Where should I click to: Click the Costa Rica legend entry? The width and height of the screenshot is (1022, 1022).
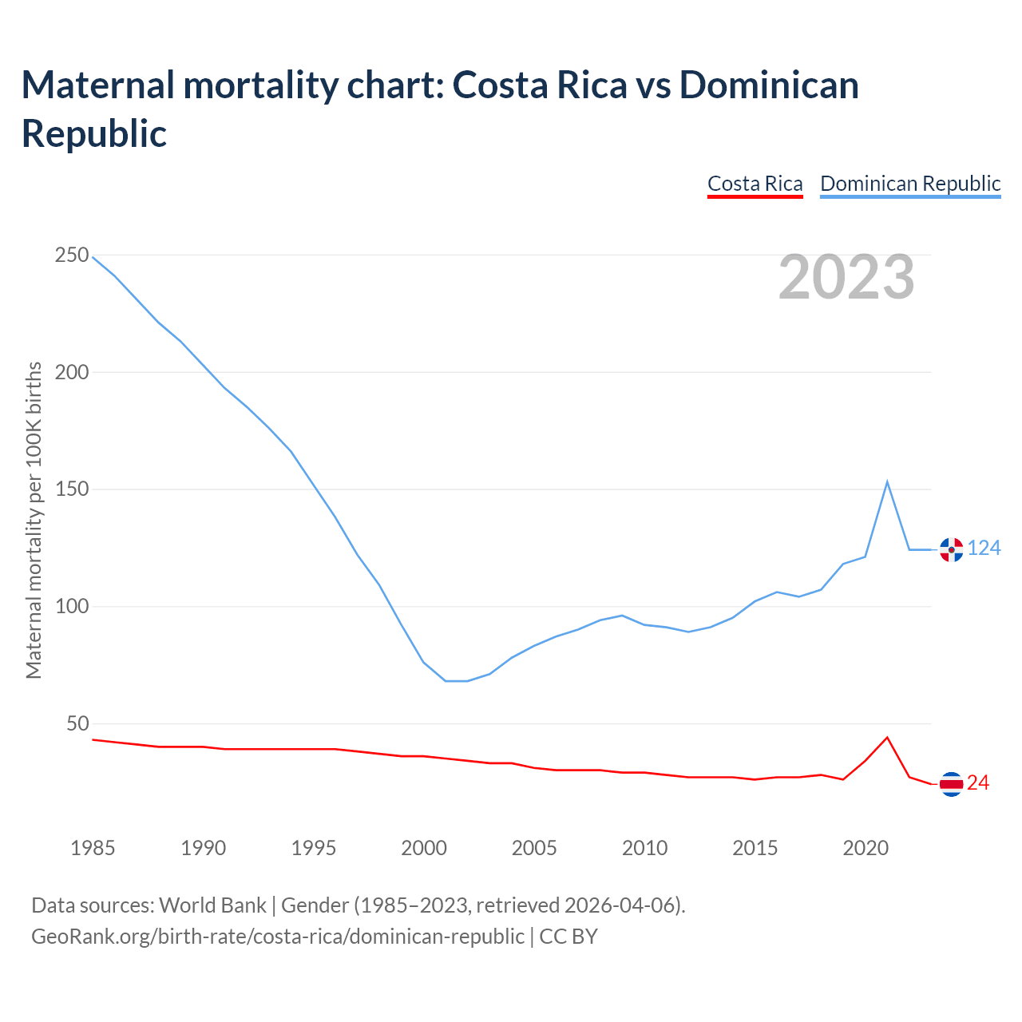click(755, 184)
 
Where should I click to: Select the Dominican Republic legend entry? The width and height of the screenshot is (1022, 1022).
click(910, 184)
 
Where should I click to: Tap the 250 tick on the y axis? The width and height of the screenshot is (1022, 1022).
click(72, 255)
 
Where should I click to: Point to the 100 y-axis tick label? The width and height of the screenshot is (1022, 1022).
click(72, 607)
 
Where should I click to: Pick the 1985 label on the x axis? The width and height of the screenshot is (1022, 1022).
click(93, 848)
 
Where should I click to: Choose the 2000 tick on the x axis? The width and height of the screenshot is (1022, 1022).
click(424, 848)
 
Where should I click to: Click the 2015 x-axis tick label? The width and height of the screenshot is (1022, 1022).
click(755, 848)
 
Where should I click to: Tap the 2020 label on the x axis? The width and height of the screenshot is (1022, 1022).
click(866, 848)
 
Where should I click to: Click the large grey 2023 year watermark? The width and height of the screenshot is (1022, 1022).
click(846, 278)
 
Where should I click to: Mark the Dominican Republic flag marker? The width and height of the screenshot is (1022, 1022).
click(951, 549)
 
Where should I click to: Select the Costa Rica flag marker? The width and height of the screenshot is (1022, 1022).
click(951, 784)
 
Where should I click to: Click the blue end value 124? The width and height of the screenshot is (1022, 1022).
click(984, 549)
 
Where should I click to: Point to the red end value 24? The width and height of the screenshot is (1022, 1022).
click(978, 783)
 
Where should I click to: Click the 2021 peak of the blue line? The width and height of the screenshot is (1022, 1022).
click(887, 481)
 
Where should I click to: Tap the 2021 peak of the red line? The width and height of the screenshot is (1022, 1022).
click(887, 737)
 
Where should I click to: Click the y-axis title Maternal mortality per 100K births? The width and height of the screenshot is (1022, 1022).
click(34, 520)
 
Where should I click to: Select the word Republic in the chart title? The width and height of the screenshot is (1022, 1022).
click(94, 133)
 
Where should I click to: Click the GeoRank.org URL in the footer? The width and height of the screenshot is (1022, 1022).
click(278, 937)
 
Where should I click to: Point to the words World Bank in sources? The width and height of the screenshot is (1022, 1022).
click(212, 905)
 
